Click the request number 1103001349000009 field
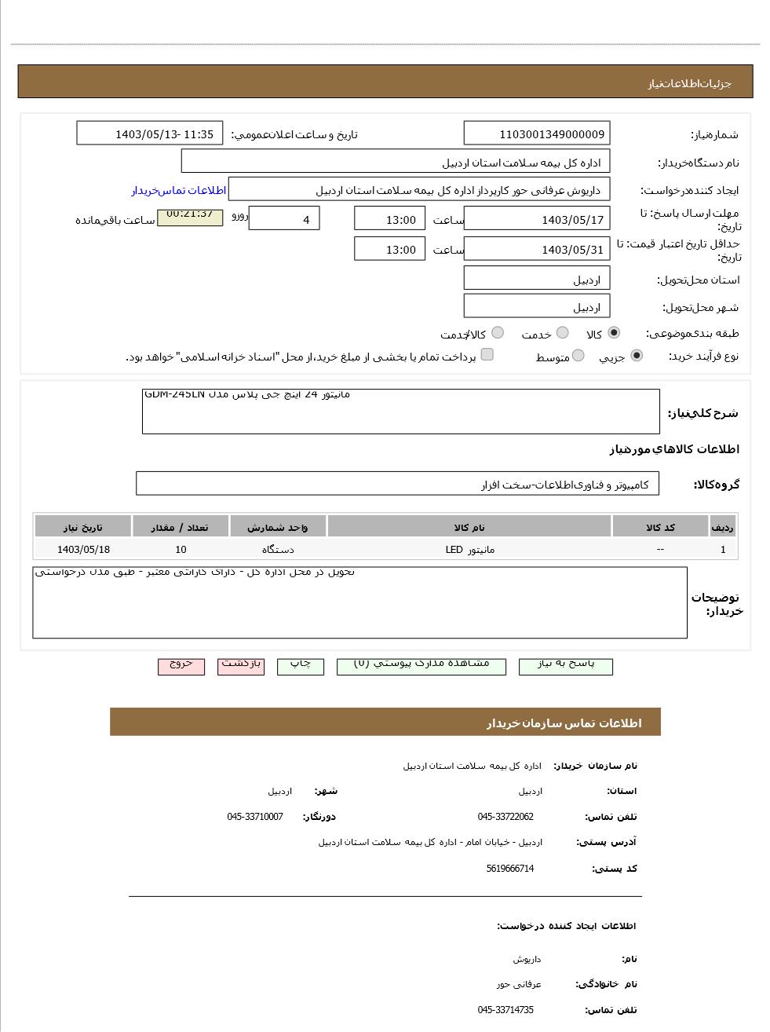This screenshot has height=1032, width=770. [536, 134]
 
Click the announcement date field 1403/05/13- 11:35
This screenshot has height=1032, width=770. [149, 134]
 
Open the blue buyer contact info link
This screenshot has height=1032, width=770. [178, 191]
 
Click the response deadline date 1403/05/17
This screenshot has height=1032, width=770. [536, 219]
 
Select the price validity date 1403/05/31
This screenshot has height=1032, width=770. [536, 250]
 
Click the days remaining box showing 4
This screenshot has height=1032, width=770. [283, 219]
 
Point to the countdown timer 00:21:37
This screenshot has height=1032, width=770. [190, 215]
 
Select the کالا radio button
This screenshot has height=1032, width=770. [614, 333]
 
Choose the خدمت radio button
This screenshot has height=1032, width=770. [563, 333]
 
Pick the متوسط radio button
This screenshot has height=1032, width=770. [578, 356]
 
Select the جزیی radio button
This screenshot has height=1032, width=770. [637, 356]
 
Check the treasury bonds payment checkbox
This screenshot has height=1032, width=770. [487, 355]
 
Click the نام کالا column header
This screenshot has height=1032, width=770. [469, 527]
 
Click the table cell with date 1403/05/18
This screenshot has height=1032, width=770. [83, 550]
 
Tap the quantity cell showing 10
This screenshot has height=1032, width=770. [181, 550]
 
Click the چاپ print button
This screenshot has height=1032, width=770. [300, 665]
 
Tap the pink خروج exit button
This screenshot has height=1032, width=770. [181, 665]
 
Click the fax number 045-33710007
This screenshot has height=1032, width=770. [255, 817]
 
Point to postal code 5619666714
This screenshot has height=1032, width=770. [509, 869]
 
